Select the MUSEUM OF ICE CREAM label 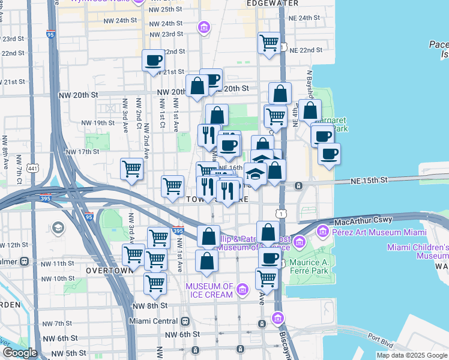tap(209, 290)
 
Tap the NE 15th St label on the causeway tap(370, 180)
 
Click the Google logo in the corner tap(20, 353)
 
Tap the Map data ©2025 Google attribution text tap(412, 355)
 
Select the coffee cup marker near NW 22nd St tap(154, 60)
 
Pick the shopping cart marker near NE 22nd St tap(269, 43)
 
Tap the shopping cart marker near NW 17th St tap(131, 169)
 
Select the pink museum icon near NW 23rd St tap(205, 27)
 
